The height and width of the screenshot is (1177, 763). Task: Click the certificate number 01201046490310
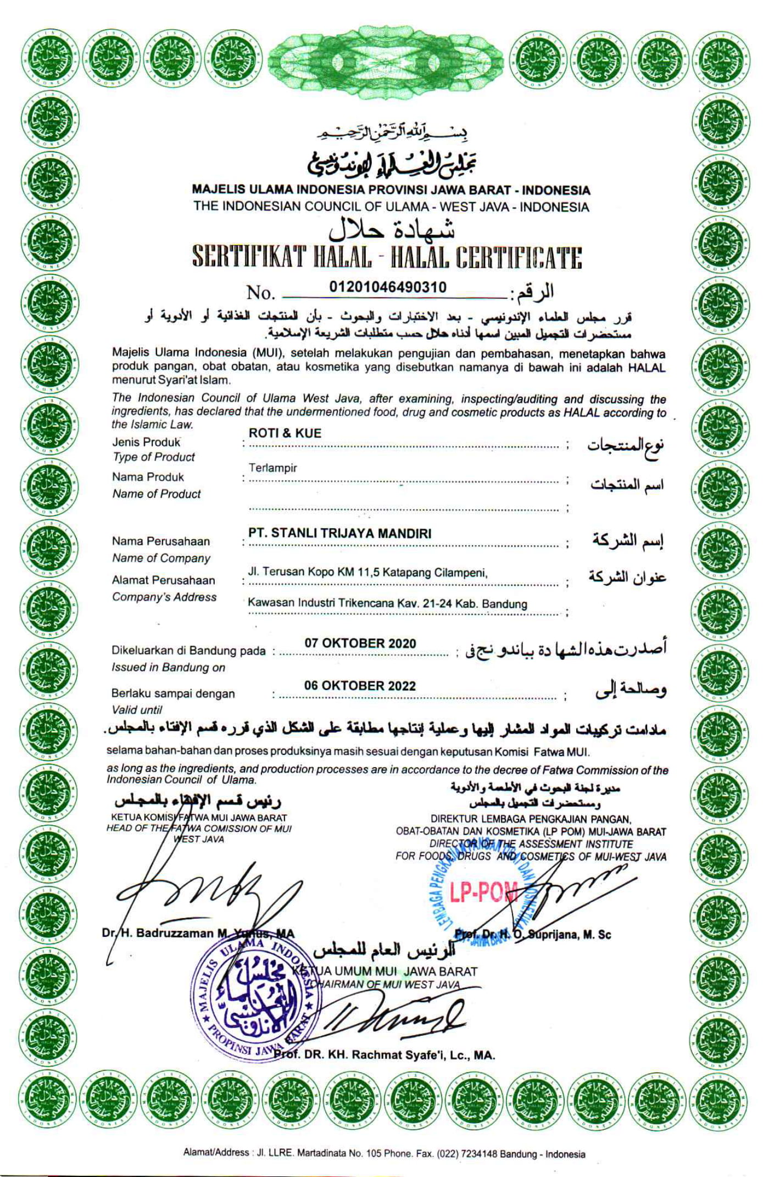[388, 287]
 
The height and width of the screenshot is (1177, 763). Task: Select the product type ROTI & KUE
[285, 433]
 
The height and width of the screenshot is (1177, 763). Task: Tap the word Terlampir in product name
[272, 468]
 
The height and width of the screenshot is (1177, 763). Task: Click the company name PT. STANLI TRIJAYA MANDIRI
[339, 533]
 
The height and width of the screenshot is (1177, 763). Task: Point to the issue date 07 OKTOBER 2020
[360, 643]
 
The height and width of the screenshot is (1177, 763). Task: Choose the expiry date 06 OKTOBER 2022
[360, 686]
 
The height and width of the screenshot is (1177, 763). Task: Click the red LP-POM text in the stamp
[483, 893]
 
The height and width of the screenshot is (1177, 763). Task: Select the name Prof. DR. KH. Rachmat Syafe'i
[385, 1055]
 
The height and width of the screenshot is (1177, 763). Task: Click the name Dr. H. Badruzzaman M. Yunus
[198, 933]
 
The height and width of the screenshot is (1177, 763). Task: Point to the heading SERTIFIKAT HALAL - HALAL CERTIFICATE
[387, 257]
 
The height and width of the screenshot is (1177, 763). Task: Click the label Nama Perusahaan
[161, 541]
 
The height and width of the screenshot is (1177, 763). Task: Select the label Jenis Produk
[146, 442]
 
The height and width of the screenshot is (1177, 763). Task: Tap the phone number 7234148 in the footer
[479, 1154]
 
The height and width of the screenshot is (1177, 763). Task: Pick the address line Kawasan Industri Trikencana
[387, 603]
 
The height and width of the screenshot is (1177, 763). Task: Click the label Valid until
[137, 709]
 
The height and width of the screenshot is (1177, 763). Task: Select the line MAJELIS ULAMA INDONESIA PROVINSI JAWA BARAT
[391, 190]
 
